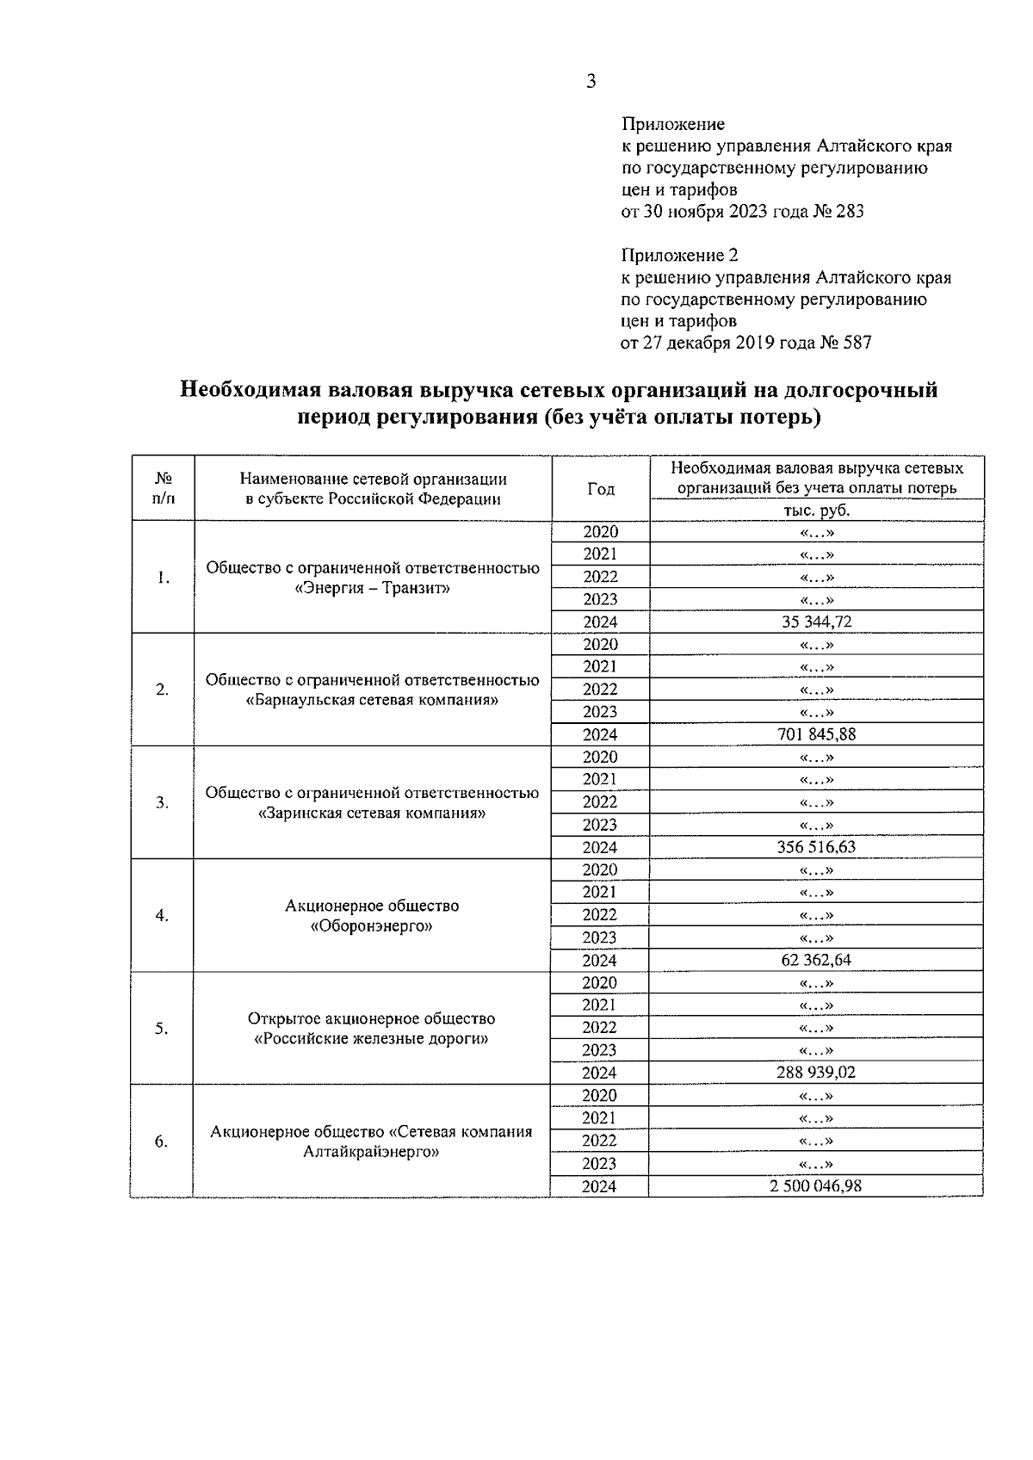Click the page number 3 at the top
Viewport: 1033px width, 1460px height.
point(591,83)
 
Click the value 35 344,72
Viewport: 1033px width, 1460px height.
point(816,622)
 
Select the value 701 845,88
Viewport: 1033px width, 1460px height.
point(816,734)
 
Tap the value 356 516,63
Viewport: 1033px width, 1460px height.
point(816,847)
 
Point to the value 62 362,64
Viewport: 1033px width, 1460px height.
point(816,960)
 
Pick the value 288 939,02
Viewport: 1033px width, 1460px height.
point(816,1073)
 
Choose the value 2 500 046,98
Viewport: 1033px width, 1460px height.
point(816,1185)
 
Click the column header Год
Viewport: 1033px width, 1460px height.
point(601,489)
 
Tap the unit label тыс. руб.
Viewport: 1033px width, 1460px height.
point(817,510)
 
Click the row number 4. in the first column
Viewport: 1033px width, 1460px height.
point(162,915)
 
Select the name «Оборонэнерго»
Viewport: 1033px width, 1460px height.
point(372,926)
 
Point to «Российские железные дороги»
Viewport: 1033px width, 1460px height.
point(373,1039)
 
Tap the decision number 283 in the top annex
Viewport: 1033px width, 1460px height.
point(849,211)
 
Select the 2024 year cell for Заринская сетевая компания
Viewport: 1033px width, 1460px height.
point(600,847)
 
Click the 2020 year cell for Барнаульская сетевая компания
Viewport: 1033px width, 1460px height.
point(600,645)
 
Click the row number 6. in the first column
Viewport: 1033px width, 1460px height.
point(162,1141)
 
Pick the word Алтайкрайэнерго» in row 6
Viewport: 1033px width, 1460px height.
point(373,1152)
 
